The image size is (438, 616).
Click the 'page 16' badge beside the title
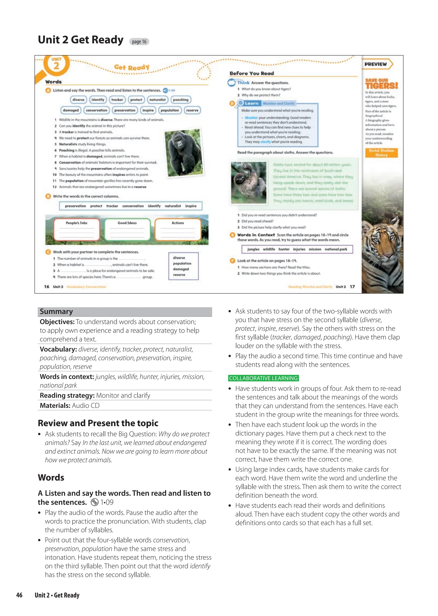[139, 41]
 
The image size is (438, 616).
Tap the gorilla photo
[183, 153]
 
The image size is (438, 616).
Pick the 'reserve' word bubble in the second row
[192, 110]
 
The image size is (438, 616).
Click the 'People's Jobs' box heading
[77, 223]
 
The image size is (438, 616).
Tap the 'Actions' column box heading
[178, 223]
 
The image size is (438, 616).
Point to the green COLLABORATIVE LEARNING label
[263, 378]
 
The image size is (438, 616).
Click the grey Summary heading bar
[125, 312]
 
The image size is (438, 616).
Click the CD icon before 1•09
[95, 502]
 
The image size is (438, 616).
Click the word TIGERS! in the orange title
[381, 86]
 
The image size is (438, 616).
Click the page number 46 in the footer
[19, 595]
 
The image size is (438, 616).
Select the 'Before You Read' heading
[252, 73]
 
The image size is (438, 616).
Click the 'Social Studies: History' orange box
[381, 153]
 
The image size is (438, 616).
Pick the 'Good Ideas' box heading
[127, 223]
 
